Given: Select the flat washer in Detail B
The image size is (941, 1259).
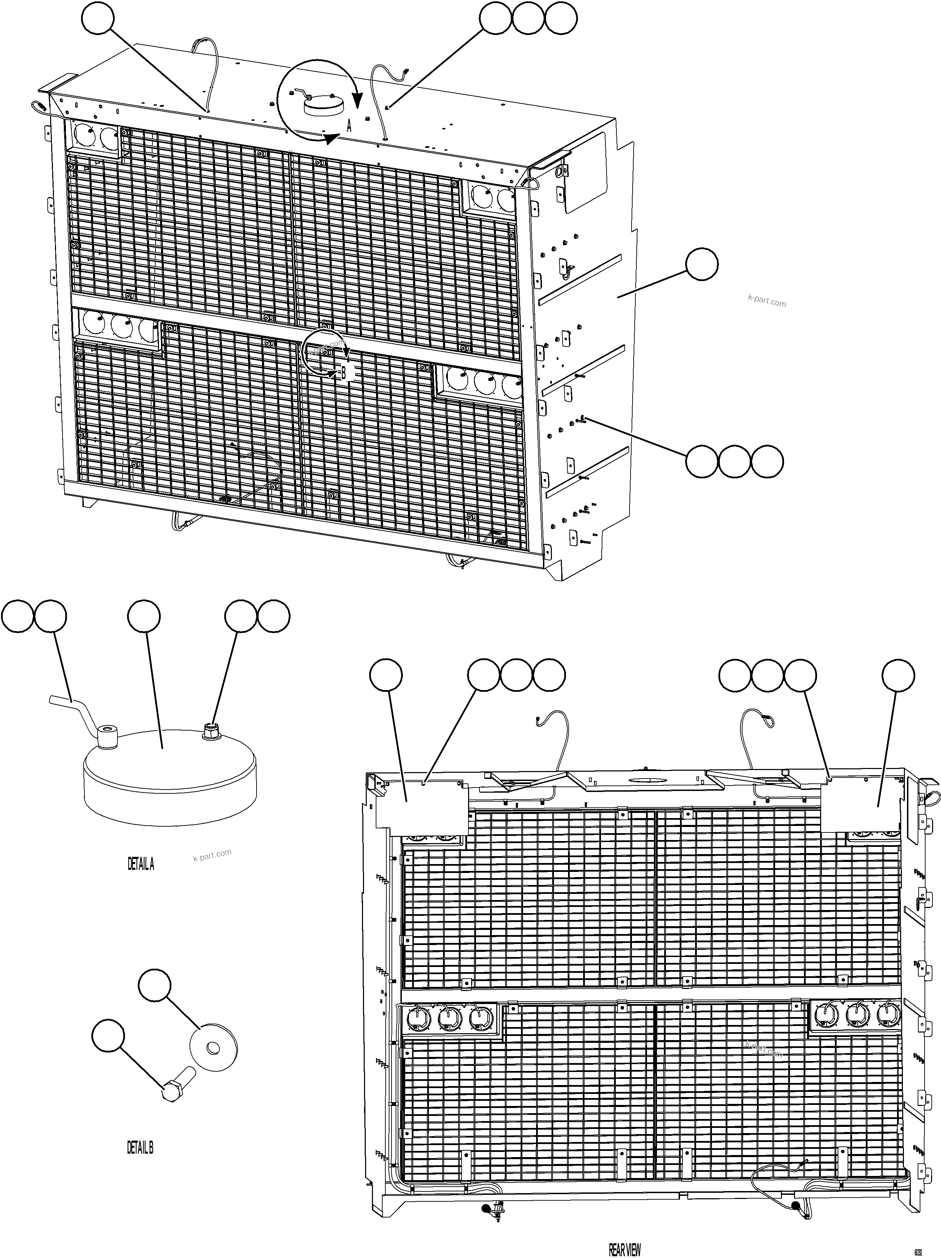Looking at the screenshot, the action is click(213, 1048).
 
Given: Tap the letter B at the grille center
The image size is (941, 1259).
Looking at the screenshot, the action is click(343, 373).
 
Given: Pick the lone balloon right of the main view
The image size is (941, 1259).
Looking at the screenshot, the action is click(702, 264).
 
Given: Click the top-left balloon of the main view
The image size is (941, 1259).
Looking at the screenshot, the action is click(98, 18).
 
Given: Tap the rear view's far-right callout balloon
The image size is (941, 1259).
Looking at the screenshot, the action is click(898, 676).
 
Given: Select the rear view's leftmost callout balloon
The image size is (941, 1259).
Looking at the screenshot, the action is click(386, 676).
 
